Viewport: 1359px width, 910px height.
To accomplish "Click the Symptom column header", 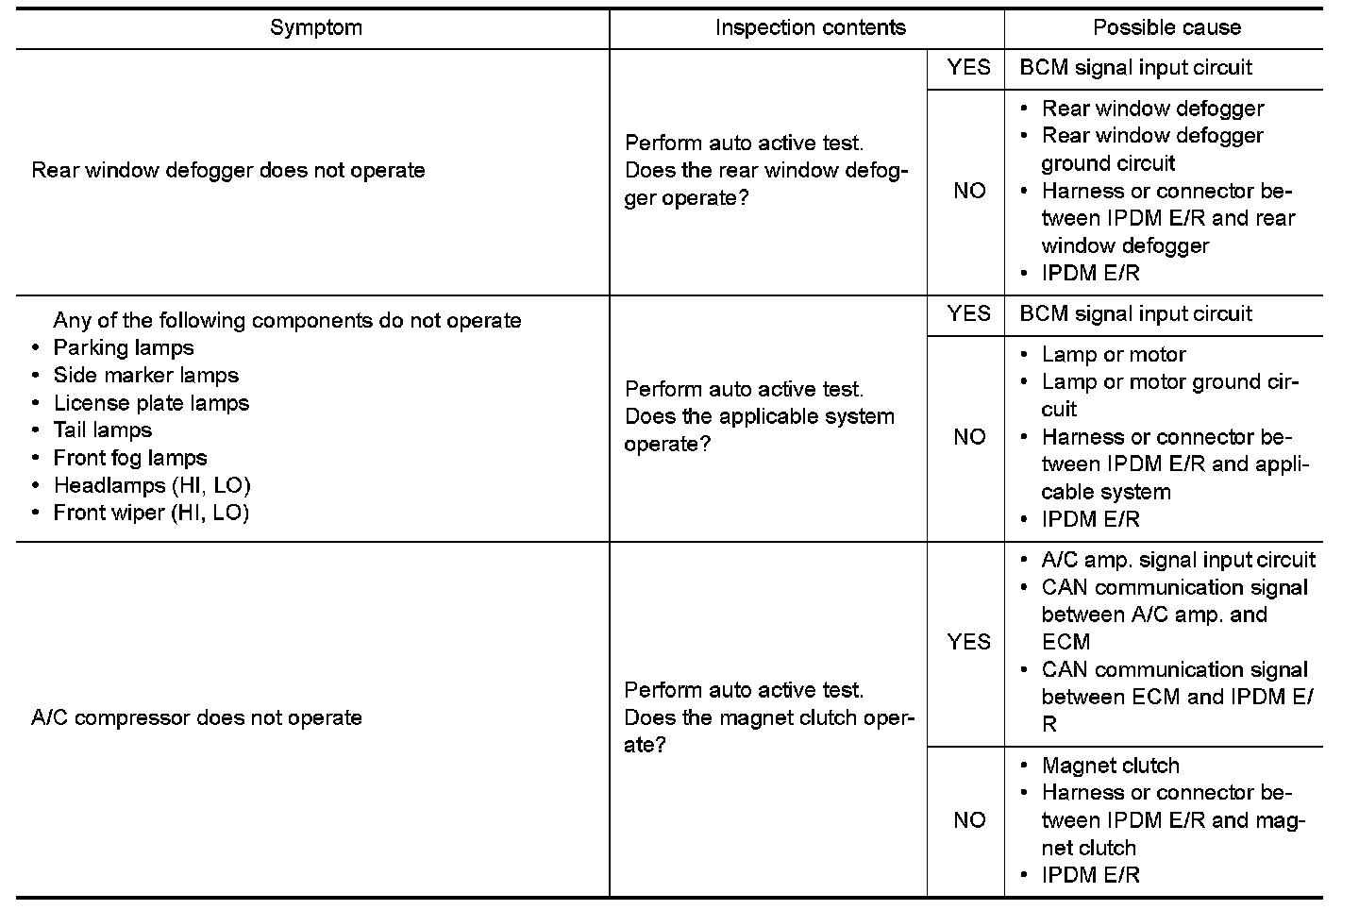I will click(315, 27).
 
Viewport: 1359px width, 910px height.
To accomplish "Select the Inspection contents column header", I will click(810, 27).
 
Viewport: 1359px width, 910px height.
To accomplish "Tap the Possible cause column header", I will click(1166, 27).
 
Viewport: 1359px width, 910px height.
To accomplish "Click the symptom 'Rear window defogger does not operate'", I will click(228, 171).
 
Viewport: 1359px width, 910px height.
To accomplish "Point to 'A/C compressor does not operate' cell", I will click(196, 717).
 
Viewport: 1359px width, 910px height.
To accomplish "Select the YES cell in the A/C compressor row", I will click(968, 642).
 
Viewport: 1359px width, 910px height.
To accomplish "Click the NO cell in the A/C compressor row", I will click(968, 819).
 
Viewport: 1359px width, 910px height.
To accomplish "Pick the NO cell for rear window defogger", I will click(968, 191).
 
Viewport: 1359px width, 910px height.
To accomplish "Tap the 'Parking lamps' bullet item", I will click(124, 347).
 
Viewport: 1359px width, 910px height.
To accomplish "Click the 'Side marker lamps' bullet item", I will click(146, 375).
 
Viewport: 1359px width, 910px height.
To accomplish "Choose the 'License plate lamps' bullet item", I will click(151, 402).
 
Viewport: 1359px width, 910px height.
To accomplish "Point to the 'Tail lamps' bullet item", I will click(102, 430).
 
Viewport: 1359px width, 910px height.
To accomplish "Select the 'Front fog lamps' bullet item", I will click(130, 458).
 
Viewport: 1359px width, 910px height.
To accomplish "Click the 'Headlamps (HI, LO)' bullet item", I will click(152, 485).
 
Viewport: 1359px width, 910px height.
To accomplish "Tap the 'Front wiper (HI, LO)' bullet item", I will click(151, 513).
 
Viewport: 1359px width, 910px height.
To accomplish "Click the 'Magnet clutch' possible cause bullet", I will click(1110, 766).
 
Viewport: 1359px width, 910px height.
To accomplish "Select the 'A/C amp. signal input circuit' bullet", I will click(1178, 560).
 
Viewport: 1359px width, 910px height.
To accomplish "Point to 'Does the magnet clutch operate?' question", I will click(769, 731).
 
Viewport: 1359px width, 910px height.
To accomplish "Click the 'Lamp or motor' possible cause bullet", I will click(1114, 355).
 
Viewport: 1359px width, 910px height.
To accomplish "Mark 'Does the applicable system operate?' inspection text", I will click(759, 430).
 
